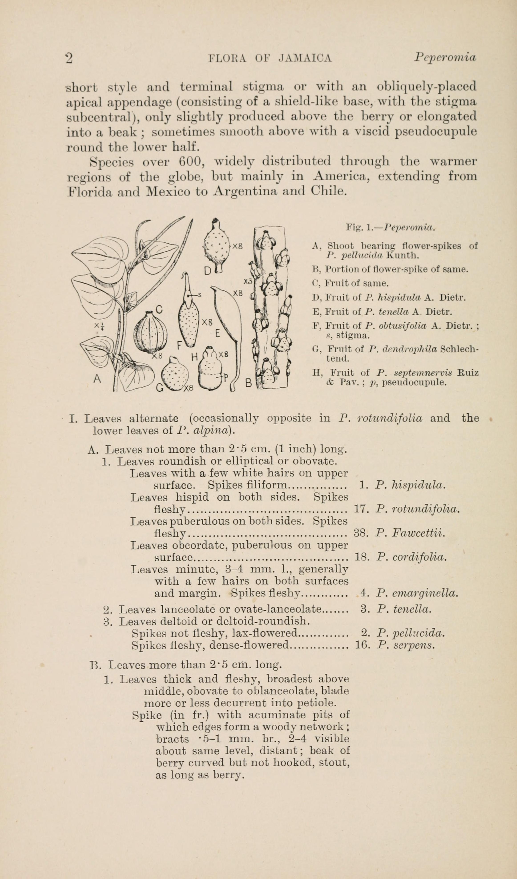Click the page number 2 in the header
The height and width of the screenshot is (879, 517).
coord(69,58)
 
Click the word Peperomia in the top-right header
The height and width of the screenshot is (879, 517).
coord(445,57)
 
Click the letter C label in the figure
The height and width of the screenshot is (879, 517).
coord(159,309)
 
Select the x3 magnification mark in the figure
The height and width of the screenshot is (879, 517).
coord(248,281)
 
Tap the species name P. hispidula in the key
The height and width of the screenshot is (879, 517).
coord(410,485)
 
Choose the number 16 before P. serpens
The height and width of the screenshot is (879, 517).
coord(362,645)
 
